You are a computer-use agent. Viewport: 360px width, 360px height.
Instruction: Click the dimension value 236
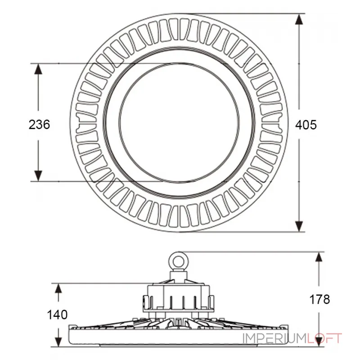tap(39, 125)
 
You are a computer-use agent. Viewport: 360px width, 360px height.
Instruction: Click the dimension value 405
tap(306, 125)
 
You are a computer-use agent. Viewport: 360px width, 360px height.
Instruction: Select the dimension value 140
tap(58, 315)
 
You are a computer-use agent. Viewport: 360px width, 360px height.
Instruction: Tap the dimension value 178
tap(319, 299)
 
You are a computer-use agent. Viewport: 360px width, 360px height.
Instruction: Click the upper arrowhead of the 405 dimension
tap(299, 19)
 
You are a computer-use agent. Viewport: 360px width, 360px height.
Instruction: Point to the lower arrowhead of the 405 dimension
tap(299, 226)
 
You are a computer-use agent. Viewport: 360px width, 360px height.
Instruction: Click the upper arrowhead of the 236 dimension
tap(38, 69)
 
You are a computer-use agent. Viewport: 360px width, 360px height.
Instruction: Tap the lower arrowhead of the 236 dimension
tap(38, 176)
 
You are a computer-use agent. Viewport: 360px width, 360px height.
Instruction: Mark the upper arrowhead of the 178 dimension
tap(319, 257)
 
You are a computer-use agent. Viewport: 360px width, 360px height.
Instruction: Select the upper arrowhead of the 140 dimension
tap(58, 288)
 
